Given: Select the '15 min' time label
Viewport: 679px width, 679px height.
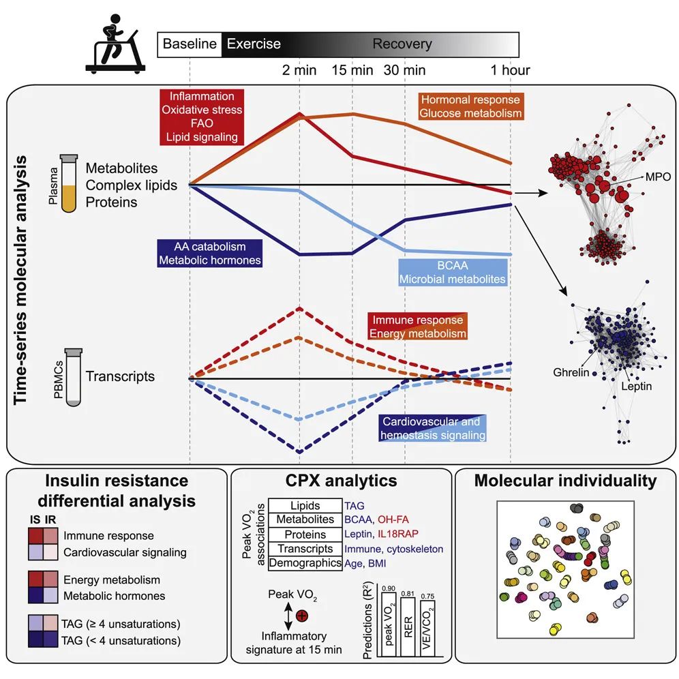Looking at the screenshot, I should click(352, 70).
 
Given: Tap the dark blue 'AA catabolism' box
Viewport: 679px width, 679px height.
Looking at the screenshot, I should click(209, 253).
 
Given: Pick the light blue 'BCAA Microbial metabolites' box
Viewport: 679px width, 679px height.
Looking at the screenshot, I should click(453, 272).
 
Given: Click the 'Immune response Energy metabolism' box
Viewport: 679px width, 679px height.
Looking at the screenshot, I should click(418, 327).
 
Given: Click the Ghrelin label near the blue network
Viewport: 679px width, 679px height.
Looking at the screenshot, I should click(572, 373).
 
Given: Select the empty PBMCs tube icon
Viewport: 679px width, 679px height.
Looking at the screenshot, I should click(73, 377).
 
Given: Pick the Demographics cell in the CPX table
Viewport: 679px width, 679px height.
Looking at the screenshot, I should click(304, 563).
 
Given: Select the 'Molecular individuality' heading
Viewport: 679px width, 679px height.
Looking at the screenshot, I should click(565, 481).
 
